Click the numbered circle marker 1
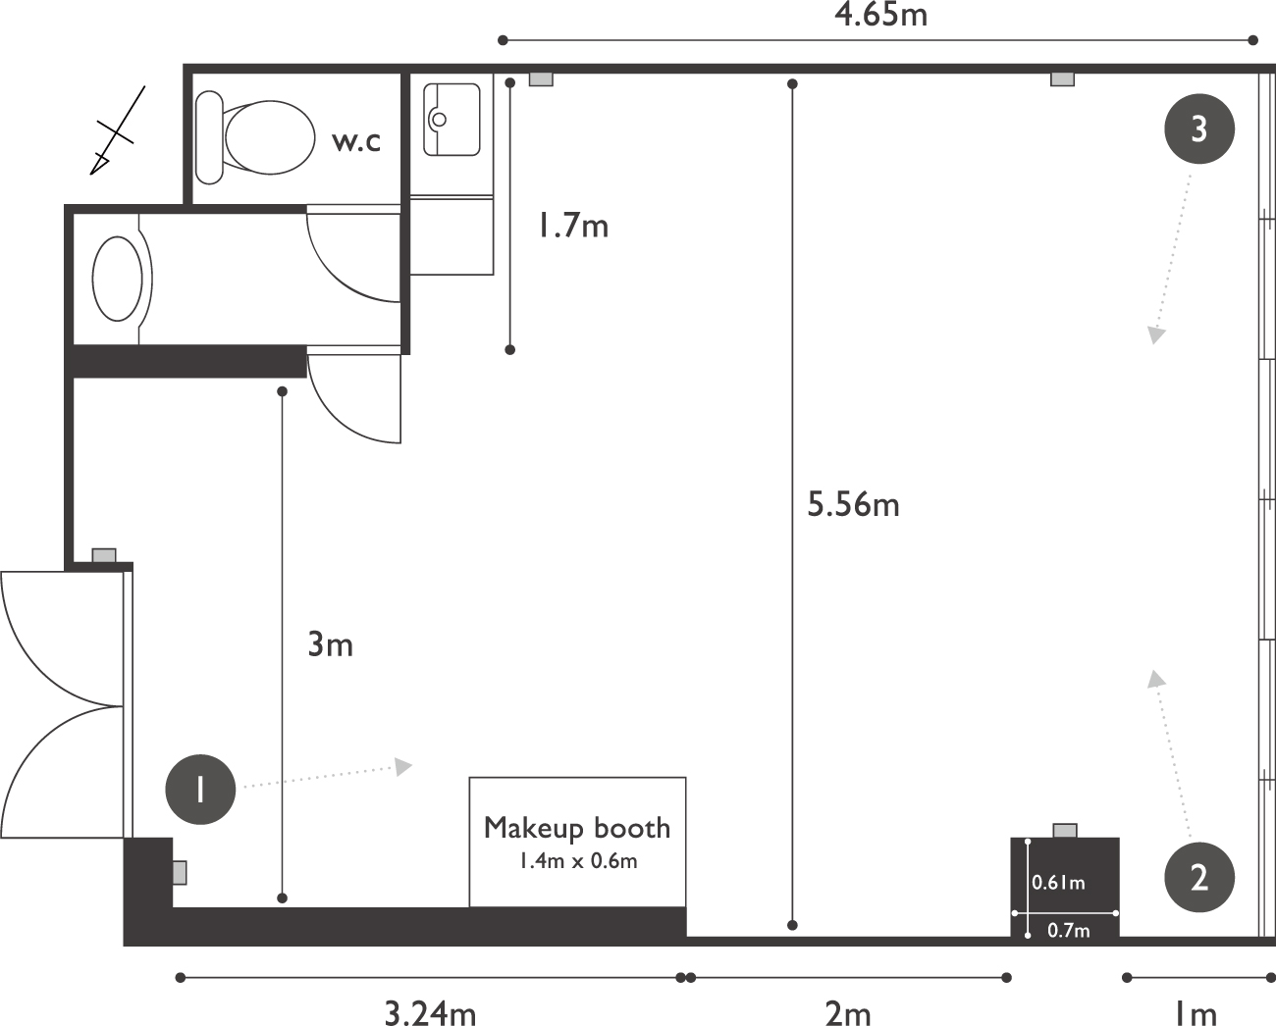[200, 789]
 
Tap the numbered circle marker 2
[1198, 877]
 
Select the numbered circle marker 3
[1198, 128]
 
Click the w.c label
[355, 141]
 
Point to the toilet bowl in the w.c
[270, 137]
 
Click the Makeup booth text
[577, 828]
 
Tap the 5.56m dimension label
[853, 504]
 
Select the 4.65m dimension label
[880, 16]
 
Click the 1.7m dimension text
[573, 226]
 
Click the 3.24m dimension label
[430, 1012]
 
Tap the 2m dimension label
[848, 1012]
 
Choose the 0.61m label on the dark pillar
[1058, 883]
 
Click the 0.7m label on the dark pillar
[1069, 931]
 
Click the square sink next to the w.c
[452, 119]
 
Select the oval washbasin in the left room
[118, 279]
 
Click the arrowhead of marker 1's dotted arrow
[403, 766]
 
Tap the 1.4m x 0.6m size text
[578, 860]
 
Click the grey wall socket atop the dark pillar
[1065, 831]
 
